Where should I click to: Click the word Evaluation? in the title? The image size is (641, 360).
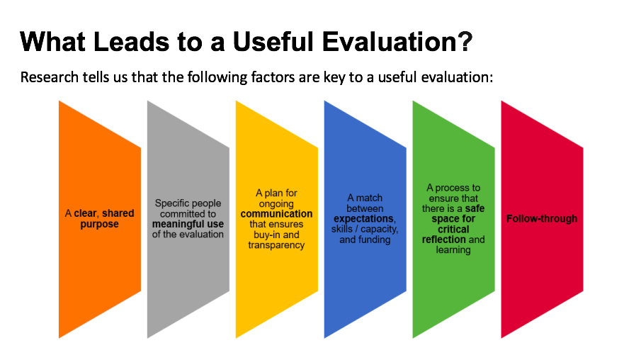tap(397, 42)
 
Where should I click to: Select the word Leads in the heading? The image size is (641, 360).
tap(131, 42)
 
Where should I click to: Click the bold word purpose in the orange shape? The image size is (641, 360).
tap(99, 225)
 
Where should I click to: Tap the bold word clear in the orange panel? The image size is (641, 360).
tap(86, 213)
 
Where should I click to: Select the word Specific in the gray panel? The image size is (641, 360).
tap(171, 203)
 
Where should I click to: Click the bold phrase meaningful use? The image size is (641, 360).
tap(188, 224)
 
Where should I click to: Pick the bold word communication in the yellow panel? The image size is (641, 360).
tap(276, 213)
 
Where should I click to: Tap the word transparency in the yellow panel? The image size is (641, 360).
tap(276, 245)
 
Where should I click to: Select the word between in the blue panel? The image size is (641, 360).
tap(365, 208)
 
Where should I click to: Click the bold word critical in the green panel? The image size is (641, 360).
tap(453, 229)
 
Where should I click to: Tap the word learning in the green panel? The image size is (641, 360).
tap(453, 250)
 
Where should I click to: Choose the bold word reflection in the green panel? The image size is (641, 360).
tap(443, 240)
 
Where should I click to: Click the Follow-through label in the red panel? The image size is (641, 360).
tap(542, 219)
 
